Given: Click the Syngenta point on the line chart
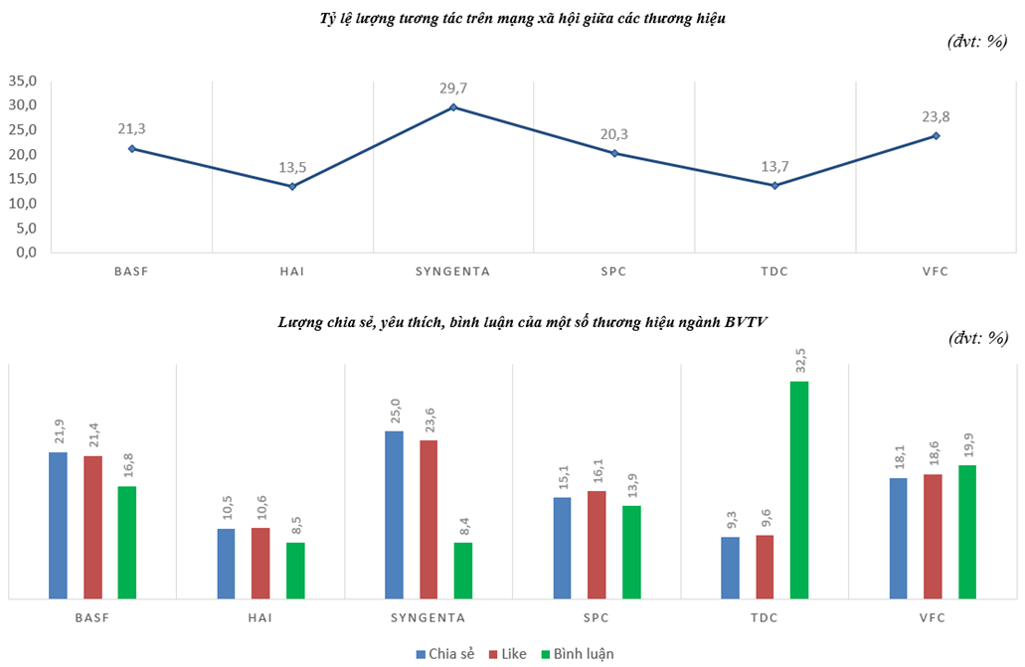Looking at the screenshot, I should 453,107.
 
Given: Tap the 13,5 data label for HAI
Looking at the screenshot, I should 292,166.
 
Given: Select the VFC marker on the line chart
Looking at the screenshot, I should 936,136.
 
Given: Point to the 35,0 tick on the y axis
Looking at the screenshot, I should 23,81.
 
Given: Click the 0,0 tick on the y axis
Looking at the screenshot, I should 25,252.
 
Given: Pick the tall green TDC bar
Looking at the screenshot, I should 799,490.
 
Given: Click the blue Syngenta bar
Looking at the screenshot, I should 394,515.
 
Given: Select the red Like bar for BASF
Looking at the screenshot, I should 92,527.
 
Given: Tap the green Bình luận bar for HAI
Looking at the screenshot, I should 295,571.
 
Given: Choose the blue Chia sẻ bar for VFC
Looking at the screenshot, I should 898,538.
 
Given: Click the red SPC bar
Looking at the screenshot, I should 597,545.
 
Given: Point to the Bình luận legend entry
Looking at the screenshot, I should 577,653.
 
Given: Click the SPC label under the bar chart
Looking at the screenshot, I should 597,618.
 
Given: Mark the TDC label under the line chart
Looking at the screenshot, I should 774,270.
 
